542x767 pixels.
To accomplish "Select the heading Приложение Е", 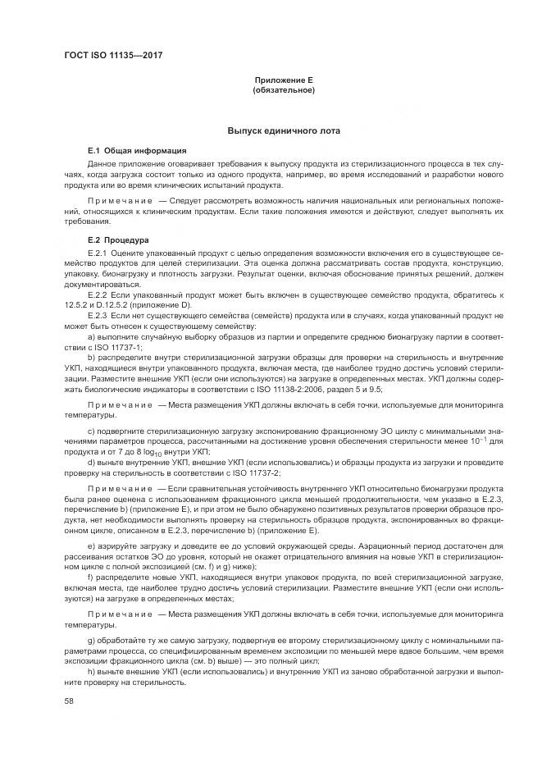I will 284,80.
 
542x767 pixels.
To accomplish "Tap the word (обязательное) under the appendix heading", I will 284,89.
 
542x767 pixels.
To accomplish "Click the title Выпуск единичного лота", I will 284,131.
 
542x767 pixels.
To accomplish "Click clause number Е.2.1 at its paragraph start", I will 98,252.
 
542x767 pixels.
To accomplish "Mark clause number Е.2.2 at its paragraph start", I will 98,294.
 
